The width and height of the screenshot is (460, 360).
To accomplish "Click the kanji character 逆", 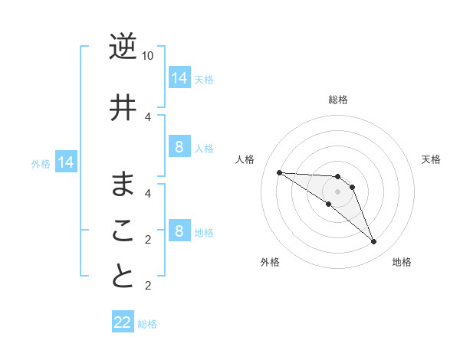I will [x=123, y=47].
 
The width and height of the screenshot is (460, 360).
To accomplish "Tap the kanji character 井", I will [x=123, y=108].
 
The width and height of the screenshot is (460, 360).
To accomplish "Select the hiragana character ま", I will [x=123, y=185].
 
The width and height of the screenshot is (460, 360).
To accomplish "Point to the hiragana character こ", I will [x=123, y=231].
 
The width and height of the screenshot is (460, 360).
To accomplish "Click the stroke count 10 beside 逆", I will [x=148, y=56].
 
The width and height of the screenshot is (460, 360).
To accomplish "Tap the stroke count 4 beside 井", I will [x=148, y=116].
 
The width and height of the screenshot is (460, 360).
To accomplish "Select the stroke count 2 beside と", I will [x=148, y=286].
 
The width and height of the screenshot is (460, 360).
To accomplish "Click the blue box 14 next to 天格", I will [x=179, y=78].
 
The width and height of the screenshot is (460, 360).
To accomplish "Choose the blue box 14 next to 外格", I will [x=66, y=162].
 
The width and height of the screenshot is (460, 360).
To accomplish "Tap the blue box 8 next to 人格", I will [x=179, y=147].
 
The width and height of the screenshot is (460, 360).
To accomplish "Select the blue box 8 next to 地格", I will [x=179, y=231].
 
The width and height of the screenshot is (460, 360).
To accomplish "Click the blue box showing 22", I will [x=123, y=322].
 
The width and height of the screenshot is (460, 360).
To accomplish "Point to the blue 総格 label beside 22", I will [x=148, y=324].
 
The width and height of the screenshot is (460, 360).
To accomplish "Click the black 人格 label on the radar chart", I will [x=245, y=159].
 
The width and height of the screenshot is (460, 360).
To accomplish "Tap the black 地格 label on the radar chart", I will [x=402, y=262].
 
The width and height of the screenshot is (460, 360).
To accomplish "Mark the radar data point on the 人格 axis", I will [x=279, y=172].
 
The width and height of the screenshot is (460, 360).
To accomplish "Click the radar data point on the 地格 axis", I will [x=373, y=242].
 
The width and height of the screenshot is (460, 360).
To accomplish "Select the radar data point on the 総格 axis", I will [x=337, y=177].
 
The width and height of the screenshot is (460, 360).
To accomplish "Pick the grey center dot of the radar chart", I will [x=337, y=191].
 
